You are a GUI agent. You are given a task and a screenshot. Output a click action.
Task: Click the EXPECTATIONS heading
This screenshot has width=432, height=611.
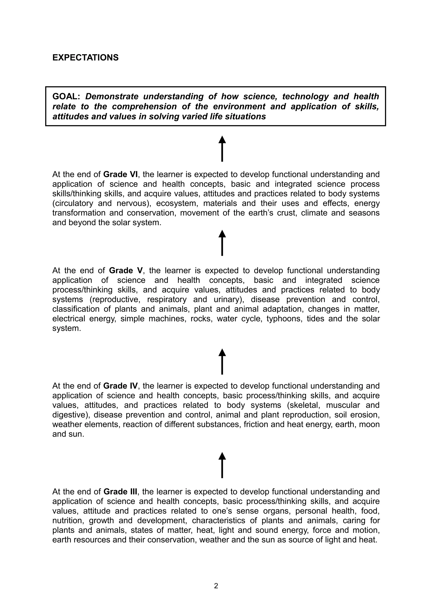85,58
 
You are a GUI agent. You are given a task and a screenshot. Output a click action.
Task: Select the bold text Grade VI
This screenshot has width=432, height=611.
120,174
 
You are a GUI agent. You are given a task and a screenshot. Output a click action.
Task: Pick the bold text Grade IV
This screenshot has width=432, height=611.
120,386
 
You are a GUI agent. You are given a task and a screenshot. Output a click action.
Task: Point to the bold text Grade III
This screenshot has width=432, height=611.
120,491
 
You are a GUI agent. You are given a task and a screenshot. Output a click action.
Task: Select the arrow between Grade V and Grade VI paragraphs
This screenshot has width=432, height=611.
222,243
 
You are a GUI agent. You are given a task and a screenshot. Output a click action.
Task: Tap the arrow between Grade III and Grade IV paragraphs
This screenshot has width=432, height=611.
222,465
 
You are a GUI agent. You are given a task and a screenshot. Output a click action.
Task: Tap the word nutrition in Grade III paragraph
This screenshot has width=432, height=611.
68,520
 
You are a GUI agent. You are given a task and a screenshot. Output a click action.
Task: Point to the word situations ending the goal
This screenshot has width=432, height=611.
245,117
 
